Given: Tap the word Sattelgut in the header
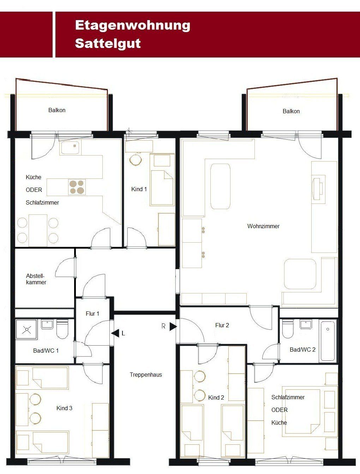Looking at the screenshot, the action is coord(108,43).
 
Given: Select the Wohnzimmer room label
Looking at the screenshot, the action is coord(263,226).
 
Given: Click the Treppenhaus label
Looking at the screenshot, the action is coord(146,375).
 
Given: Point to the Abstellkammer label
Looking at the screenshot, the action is coord(36,279).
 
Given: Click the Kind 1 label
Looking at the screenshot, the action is coord(139,189).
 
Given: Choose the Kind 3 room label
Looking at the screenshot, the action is coord(64,408).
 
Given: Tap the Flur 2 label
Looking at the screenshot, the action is coord(222,325).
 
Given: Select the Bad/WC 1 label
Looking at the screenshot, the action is coord(46,350).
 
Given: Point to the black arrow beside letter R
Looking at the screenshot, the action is coord(173,327).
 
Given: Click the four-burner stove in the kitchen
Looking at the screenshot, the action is coord(77,187).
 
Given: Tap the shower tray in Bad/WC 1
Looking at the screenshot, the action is coord(26,329).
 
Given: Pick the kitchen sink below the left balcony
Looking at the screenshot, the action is coord(71,147).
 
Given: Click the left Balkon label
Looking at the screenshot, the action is coord(57,110).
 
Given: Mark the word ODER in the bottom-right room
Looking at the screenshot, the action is coord(280,410).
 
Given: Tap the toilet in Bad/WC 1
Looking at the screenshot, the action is coord(62,329).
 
